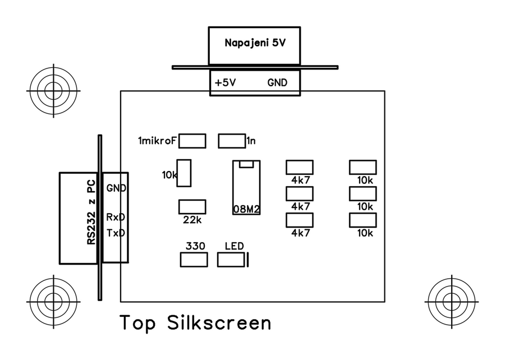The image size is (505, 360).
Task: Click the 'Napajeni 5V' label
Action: tap(255, 43)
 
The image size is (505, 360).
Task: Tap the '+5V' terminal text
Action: tap(225, 82)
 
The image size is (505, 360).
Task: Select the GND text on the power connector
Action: tap(277, 82)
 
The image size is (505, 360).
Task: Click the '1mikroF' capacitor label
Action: tap(158, 141)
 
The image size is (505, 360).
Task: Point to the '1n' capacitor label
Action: tap(251, 141)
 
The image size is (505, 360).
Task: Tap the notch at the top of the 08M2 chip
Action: tap(247, 164)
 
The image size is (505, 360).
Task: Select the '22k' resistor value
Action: tap(192, 220)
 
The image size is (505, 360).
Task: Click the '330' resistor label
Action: tap(195, 246)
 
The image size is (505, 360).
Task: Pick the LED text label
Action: tap(234, 246)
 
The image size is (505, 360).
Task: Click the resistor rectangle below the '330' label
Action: tap(193, 260)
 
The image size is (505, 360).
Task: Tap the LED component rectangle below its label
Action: tap(231, 260)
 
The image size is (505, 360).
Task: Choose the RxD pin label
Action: tap(116, 217)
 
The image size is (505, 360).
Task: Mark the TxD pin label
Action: tap(116, 233)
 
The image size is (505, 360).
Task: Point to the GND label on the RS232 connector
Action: tap(116, 188)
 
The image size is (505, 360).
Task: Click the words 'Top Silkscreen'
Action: tap(195, 323)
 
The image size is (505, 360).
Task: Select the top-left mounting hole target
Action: tap(53, 89)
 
